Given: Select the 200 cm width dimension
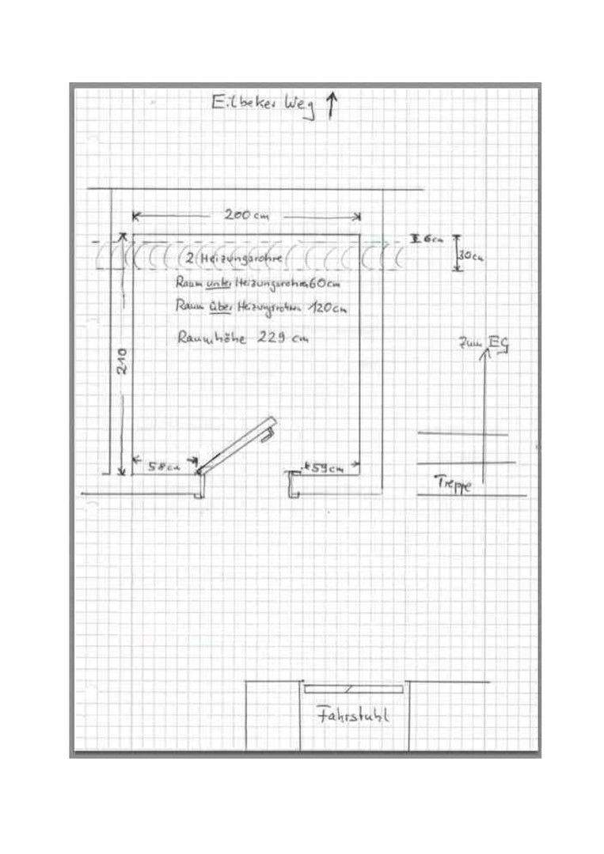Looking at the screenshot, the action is click(x=246, y=215).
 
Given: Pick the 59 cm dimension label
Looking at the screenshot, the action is click(x=325, y=468).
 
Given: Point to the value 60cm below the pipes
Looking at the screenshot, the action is click(x=334, y=283).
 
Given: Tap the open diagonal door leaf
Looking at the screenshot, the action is click(x=236, y=445).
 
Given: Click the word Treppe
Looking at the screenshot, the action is click(x=454, y=482).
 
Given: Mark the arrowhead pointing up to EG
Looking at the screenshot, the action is click(x=485, y=354).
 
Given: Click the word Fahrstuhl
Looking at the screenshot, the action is click(x=353, y=716).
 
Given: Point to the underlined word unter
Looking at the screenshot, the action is click(x=217, y=283).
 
